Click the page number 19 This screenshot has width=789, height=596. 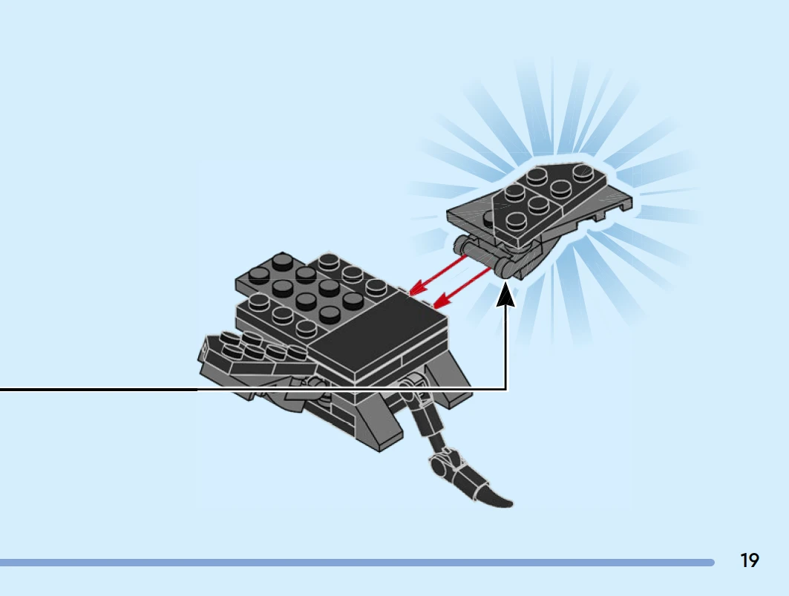pyautogui.click(x=749, y=560)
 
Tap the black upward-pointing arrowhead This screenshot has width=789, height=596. pyautogui.click(x=505, y=295)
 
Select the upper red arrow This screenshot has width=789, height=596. pyautogui.click(x=438, y=275)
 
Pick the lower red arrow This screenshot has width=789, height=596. pyautogui.click(x=461, y=288)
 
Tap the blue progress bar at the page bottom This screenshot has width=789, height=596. pyautogui.click(x=357, y=563)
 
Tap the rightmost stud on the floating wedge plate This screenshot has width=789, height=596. pyautogui.click(x=583, y=172)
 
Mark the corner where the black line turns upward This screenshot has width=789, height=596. pyautogui.click(x=505, y=389)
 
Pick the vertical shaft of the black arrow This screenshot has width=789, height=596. pyautogui.click(x=505, y=347)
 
